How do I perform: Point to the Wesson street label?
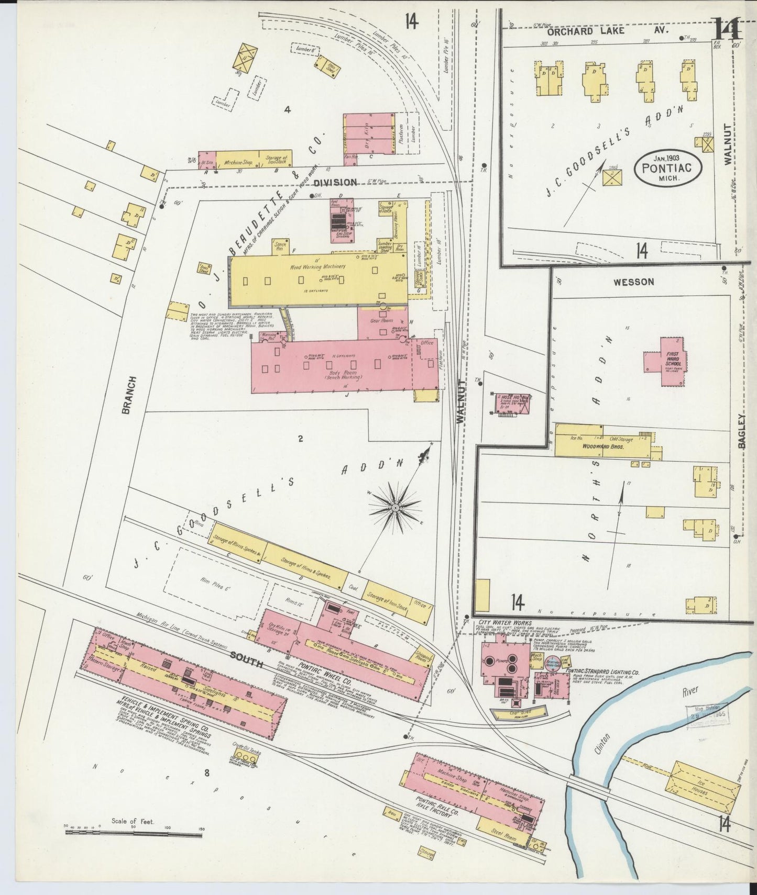633,282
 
